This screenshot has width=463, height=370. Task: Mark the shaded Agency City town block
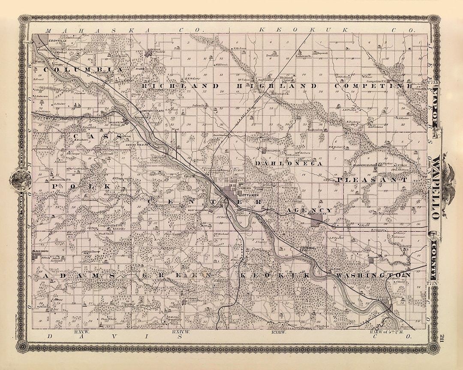(316, 219)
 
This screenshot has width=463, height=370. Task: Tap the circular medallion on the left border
(19, 180)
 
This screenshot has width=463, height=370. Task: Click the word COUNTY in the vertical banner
(436, 257)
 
